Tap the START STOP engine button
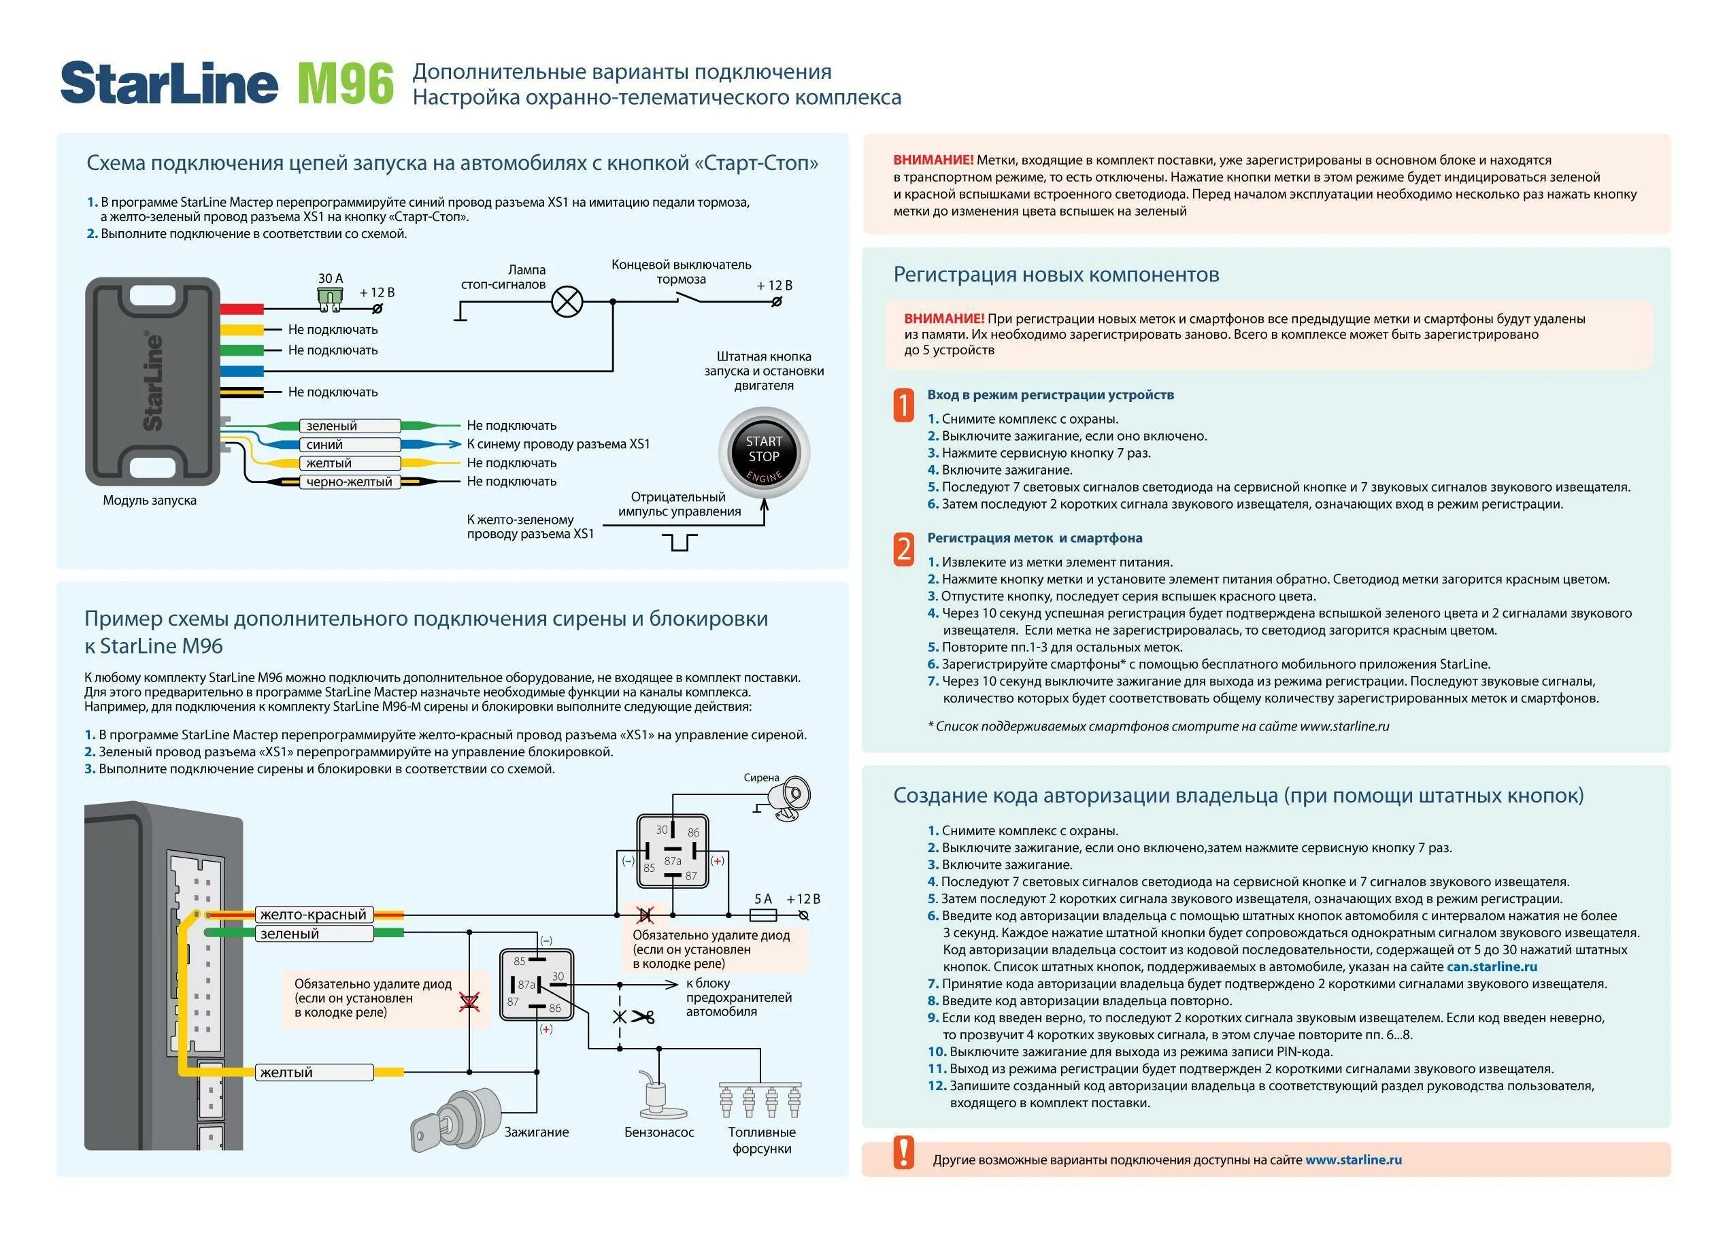[764, 453]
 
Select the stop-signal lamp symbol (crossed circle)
[567, 301]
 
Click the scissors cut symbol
[643, 1016]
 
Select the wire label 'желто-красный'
[314, 915]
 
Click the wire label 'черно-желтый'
[349, 482]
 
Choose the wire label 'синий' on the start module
[325, 445]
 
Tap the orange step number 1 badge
[903, 405]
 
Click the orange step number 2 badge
[903, 548]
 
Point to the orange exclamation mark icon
[903, 1153]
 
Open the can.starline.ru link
[1492, 967]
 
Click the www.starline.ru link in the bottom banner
[1354, 1160]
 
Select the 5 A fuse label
[763, 899]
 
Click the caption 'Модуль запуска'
[150, 501]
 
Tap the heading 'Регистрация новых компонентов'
[1056, 275]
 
